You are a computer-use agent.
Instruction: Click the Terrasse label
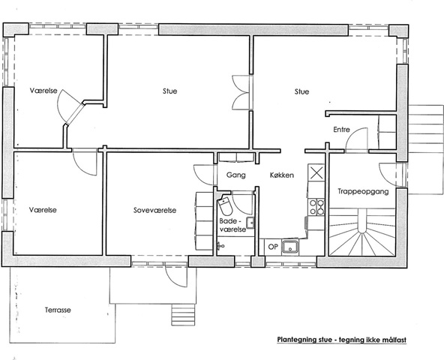click(x=58, y=310)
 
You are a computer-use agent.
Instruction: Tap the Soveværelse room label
click(x=155, y=210)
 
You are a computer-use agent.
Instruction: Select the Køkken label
click(x=282, y=175)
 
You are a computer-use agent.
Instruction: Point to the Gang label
click(x=235, y=175)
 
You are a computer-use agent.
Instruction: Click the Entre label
click(x=341, y=130)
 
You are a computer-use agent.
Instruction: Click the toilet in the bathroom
click(x=226, y=206)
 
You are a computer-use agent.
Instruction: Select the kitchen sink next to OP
click(x=290, y=247)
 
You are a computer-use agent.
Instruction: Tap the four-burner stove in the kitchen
click(x=316, y=207)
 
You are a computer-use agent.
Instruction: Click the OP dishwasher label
click(x=273, y=247)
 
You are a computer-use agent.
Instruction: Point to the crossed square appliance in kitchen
click(x=316, y=172)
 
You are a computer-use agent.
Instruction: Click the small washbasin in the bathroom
click(x=250, y=222)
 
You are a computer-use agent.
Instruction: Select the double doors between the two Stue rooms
click(x=241, y=92)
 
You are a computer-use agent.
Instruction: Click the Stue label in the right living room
click(x=301, y=91)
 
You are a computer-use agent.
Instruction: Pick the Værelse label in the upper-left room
click(x=43, y=91)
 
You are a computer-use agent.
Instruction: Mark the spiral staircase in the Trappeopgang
click(x=362, y=232)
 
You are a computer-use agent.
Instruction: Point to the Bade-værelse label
click(x=232, y=225)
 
